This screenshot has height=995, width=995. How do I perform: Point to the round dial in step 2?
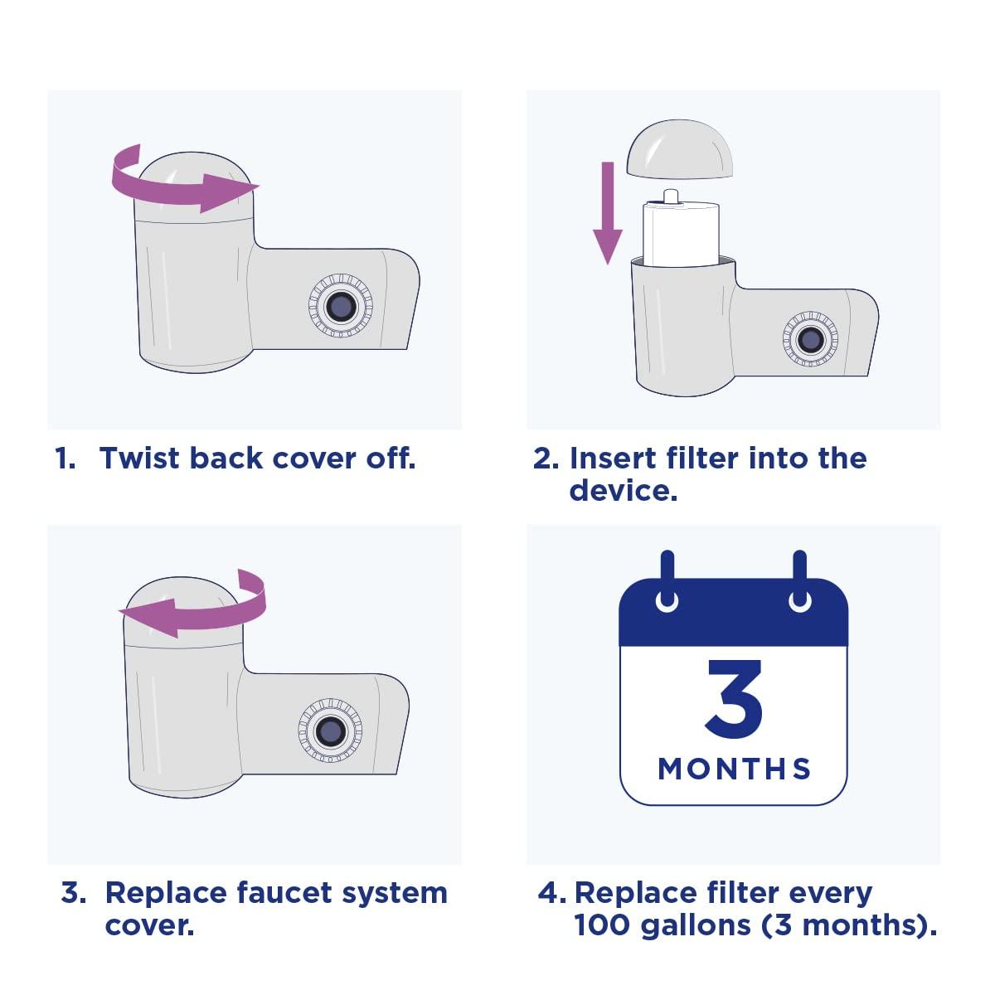(810, 339)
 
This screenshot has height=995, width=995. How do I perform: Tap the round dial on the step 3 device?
(330, 730)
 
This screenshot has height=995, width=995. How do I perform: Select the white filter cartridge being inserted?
(681, 232)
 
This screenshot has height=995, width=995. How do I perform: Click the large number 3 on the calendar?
(734, 699)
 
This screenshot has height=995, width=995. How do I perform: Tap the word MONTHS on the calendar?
(735, 769)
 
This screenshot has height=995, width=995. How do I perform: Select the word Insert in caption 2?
(611, 458)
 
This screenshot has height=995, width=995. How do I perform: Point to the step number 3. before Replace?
(73, 893)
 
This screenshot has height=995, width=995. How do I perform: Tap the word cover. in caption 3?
(149, 925)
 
